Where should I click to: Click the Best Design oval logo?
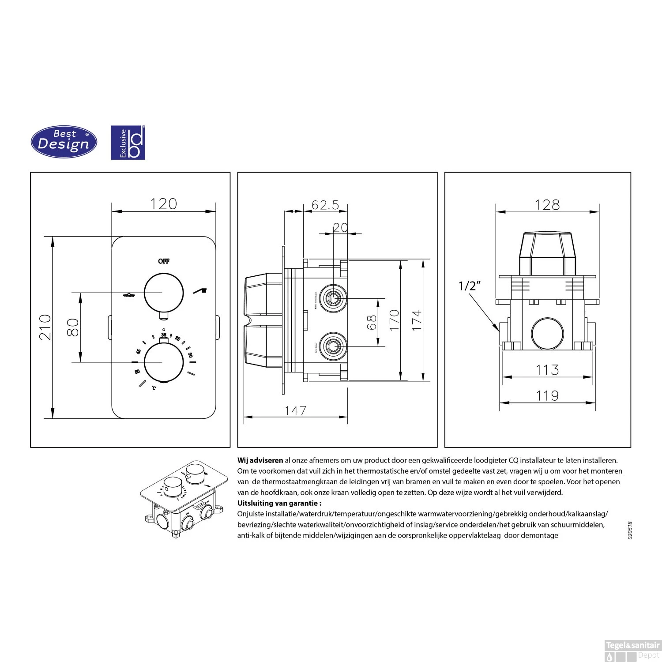coord(64,142)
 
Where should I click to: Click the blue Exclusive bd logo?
coord(128,143)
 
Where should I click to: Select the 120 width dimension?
coord(163,204)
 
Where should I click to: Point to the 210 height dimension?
coord(45,327)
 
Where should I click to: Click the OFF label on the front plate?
coord(164,261)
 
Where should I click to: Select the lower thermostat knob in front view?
coord(164,362)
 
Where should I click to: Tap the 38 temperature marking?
coord(164,335)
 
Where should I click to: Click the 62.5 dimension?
coord(325,205)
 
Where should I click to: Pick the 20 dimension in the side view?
coord(340,228)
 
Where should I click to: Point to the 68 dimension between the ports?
coord(371,322)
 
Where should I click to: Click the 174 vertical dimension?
coord(417,320)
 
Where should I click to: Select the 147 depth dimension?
coord(295,410)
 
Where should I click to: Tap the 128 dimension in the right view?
coord(547,205)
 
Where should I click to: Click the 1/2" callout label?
coord(469,286)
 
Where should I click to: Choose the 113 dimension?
coord(547,370)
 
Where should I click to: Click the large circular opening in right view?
coord(547,334)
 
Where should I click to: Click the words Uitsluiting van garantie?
coord(279,503)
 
